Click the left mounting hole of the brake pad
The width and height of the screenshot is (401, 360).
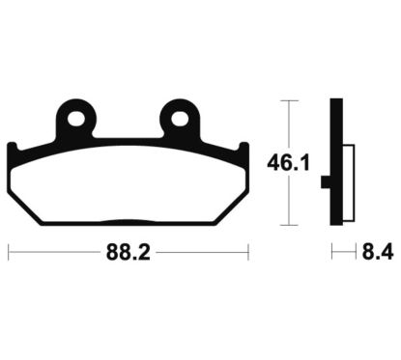[78, 121]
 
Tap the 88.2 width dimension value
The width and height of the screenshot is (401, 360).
[129, 255]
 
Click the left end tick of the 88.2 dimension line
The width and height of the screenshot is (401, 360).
[9, 255]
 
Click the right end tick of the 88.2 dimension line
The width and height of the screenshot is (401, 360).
[248, 255]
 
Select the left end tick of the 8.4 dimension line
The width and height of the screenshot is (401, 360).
[332, 255]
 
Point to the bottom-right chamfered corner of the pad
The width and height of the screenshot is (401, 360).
[233, 212]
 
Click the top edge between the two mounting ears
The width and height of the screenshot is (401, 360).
[129, 139]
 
